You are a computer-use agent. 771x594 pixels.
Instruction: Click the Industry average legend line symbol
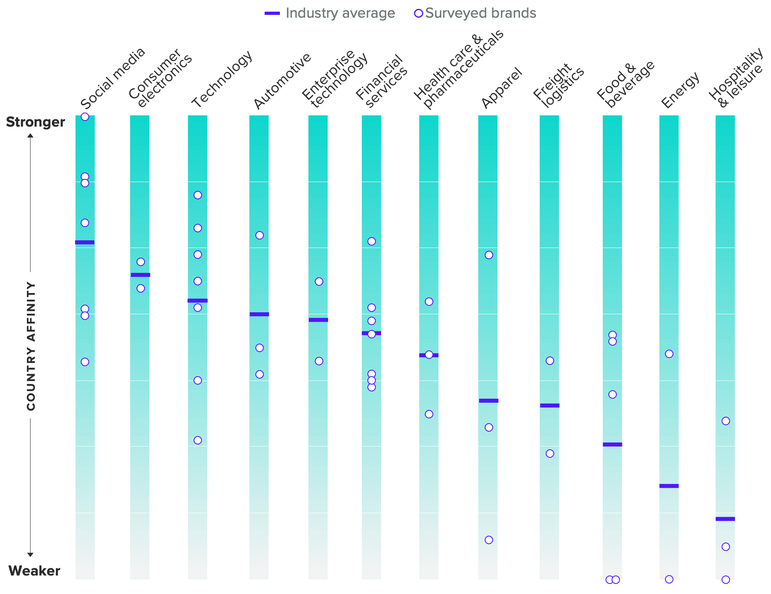coord(272,13)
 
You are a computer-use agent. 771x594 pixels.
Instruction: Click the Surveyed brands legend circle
coord(418,13)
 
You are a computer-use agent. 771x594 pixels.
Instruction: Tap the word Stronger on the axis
coord(35,122)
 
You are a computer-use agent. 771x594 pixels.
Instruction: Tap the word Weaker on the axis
coord(34,571)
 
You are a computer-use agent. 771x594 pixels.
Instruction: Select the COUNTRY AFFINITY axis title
coord(31,346)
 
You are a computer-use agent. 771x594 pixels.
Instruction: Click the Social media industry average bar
coord(85,242)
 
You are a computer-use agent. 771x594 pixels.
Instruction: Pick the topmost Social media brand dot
coord(85,117)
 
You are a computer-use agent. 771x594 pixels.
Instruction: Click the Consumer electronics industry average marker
coord(141,275)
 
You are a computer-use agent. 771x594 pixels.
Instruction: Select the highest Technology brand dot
coord(198,195)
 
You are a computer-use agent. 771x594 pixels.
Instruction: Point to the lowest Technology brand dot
coord(198,440)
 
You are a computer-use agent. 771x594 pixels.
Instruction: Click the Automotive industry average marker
coord(259,314)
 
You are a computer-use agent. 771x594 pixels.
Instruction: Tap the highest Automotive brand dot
coord(259,235)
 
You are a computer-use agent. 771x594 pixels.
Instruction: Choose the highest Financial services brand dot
coord(371,241)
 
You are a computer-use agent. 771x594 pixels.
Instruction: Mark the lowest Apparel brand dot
coord(489,540)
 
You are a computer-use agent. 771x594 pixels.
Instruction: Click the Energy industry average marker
coord(669,486)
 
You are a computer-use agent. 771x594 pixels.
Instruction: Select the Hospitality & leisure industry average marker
coord(725,519)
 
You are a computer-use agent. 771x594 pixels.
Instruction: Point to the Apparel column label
coord(502,88)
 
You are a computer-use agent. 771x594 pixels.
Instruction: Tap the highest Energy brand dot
coord(669,354)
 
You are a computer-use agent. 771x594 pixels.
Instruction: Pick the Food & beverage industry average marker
coord(612,444)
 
